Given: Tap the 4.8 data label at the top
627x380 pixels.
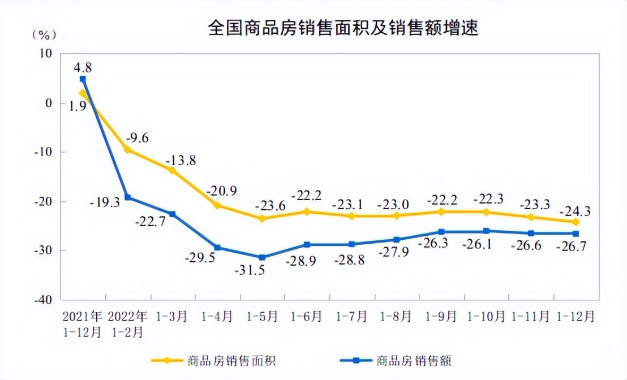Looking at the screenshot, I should (x=83, y=67).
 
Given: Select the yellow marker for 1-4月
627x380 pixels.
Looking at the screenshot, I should (x=217, y=205).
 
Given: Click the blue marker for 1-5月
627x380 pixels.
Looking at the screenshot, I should (x=262, y=257).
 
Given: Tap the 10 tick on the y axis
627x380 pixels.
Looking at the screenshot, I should (x=45, y=54).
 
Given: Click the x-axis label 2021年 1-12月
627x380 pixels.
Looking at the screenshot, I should (x=82, y=324).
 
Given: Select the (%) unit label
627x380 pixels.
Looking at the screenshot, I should (x=44, y=35).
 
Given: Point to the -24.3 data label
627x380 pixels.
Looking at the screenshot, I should (x=576, y=211).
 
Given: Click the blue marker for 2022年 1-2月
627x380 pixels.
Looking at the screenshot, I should (x=128, y=197).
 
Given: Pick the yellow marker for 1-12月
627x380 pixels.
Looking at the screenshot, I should (x=576, y=222).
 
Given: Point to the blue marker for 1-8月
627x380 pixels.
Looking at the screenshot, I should (x=397, y=240).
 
